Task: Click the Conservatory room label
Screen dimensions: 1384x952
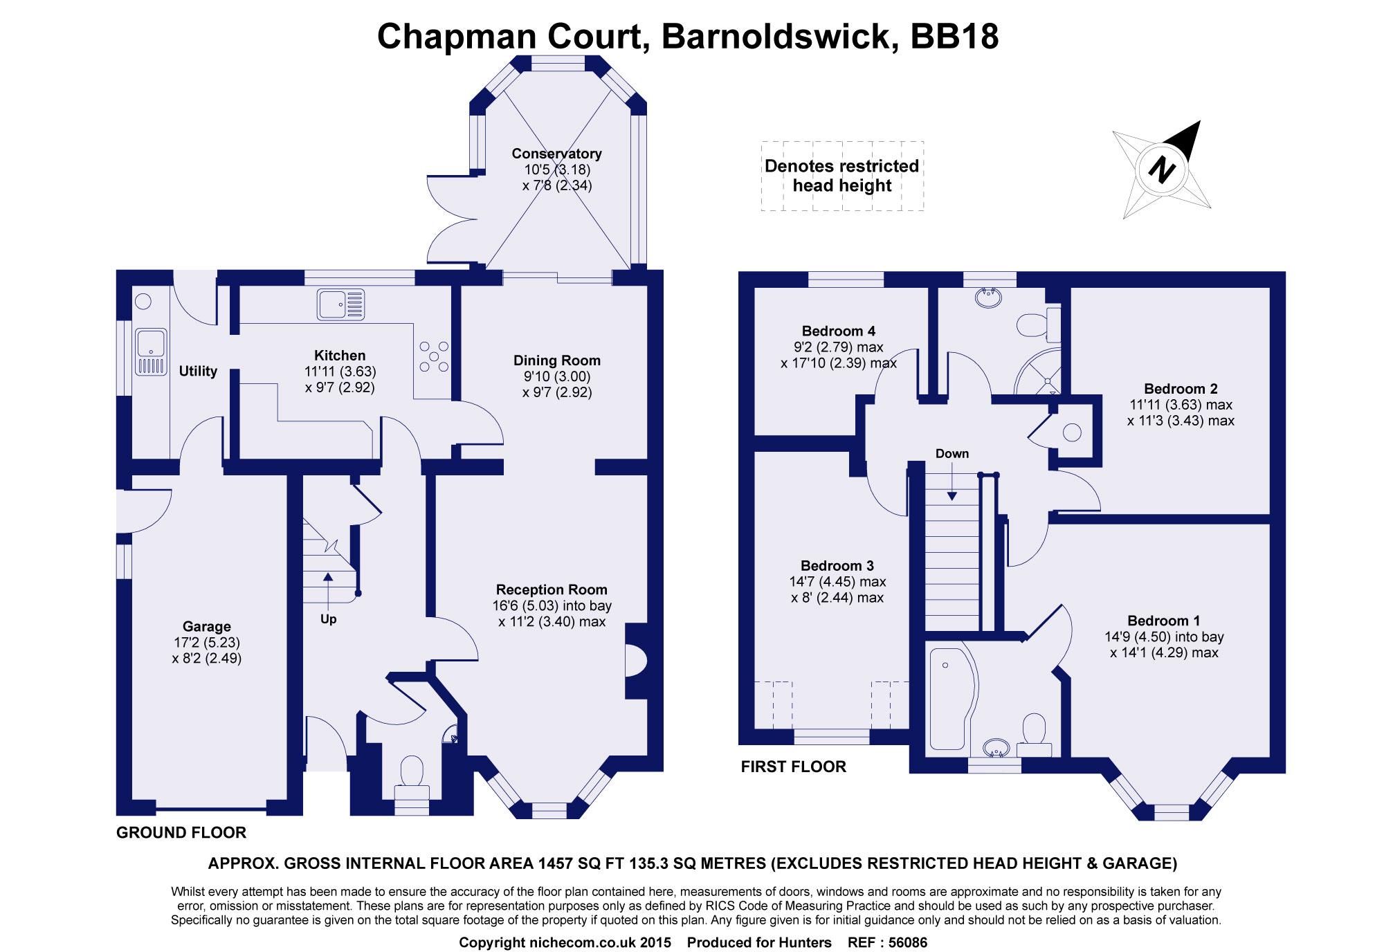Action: click(556, 154)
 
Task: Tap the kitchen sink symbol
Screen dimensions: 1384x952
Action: click(340, 304)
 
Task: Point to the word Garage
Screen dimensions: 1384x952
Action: click(206, 627)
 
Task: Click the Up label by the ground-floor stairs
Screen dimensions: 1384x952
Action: click(328, 619)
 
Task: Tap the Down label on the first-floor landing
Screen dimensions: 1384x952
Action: click(952, 454)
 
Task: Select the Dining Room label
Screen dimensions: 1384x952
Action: click(556, 360)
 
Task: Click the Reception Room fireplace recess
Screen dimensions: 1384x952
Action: click(635, 659)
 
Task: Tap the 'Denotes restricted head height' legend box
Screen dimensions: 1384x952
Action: click(842, 176)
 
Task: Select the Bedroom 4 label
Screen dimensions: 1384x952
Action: click(839, 331)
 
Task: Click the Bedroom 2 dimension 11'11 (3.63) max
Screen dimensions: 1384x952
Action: click(1181, 405)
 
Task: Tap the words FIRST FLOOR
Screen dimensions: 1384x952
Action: click(793, 767)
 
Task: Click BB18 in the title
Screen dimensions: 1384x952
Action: click(954, 36)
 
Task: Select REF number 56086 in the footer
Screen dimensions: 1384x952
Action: click(904, 942)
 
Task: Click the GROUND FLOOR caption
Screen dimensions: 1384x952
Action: click(181, 833)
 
